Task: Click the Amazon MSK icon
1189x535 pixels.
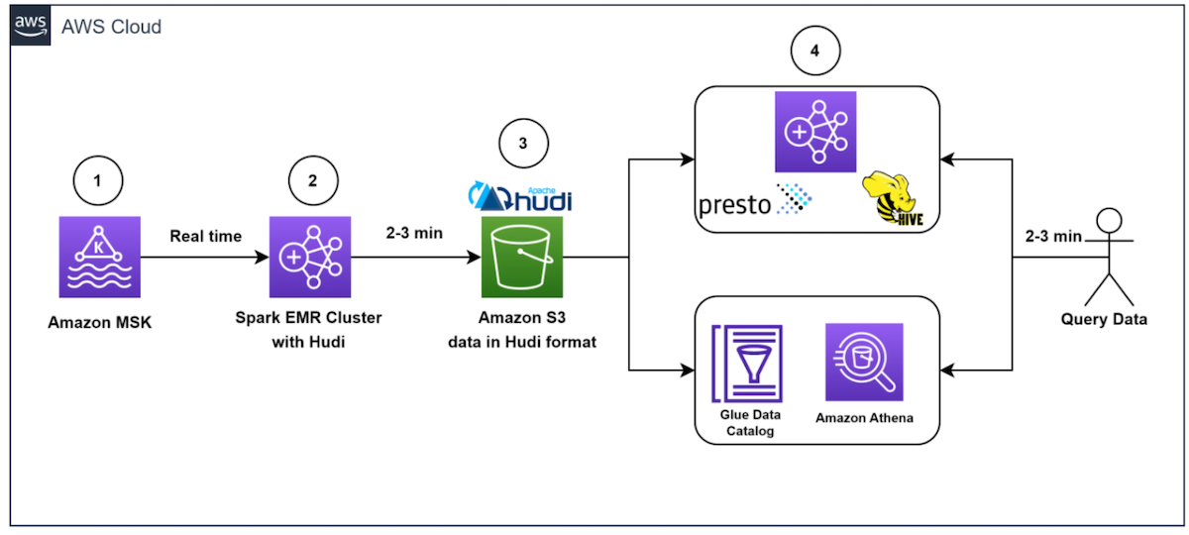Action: pyautogui.click(x=100, y=257)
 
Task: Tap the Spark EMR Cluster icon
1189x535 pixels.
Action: pyautogui.click(x=310, y=257)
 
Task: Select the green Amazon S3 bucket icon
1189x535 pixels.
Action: pyautogui.click(x=522, y=257)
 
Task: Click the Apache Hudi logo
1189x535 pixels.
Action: pyautogui.click(x=520, y=197)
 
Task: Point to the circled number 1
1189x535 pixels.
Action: pyautogui.click(x=98, y=180)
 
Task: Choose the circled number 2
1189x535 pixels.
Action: pyautogui.click(x=313, y=180)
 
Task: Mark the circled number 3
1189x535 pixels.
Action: pyautogui.click(x=523, y=143)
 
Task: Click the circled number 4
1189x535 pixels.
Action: pyautogui.click(x=815, y=51)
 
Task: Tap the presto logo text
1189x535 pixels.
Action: pyautogui.click(x=734, y=205)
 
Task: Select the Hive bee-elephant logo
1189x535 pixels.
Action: pyautogui.click(x=893, y=198)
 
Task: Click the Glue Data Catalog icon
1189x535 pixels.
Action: pyautogui.click(x=747, y=364)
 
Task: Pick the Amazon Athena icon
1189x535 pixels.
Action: pyautogui.click(x=864, y=362)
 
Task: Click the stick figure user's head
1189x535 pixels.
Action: pyautogui.click(x=1110, y=220)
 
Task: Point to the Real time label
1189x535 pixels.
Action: pyautogui.click(x=205, y=236)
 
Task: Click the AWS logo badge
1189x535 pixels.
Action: pyautogui.click(x=31, y=26)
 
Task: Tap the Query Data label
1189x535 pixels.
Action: pyautogui.click(x=1104, y=319)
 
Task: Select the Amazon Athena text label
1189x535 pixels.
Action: pyautogui.click(x=864, y=418)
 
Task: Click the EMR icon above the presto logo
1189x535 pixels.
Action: pyautogui.click(x=815, y=132)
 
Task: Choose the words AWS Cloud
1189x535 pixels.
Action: pyautogui.click(x=111, y=27)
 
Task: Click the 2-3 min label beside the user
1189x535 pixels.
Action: pyautogui.click(x=1053, y=236)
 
